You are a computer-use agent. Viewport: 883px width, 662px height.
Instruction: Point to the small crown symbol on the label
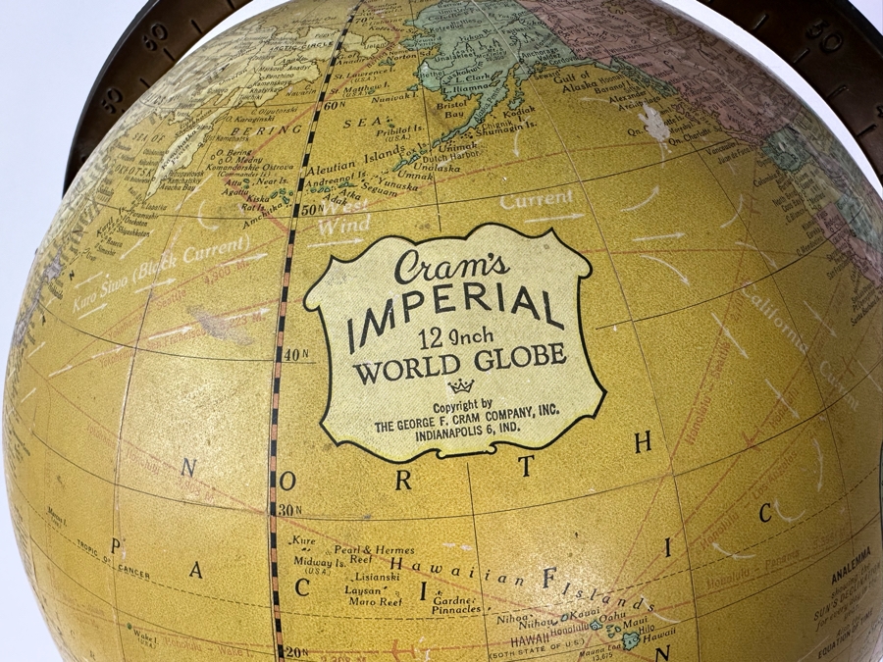460,385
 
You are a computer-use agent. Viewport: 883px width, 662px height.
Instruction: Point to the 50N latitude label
304,208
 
